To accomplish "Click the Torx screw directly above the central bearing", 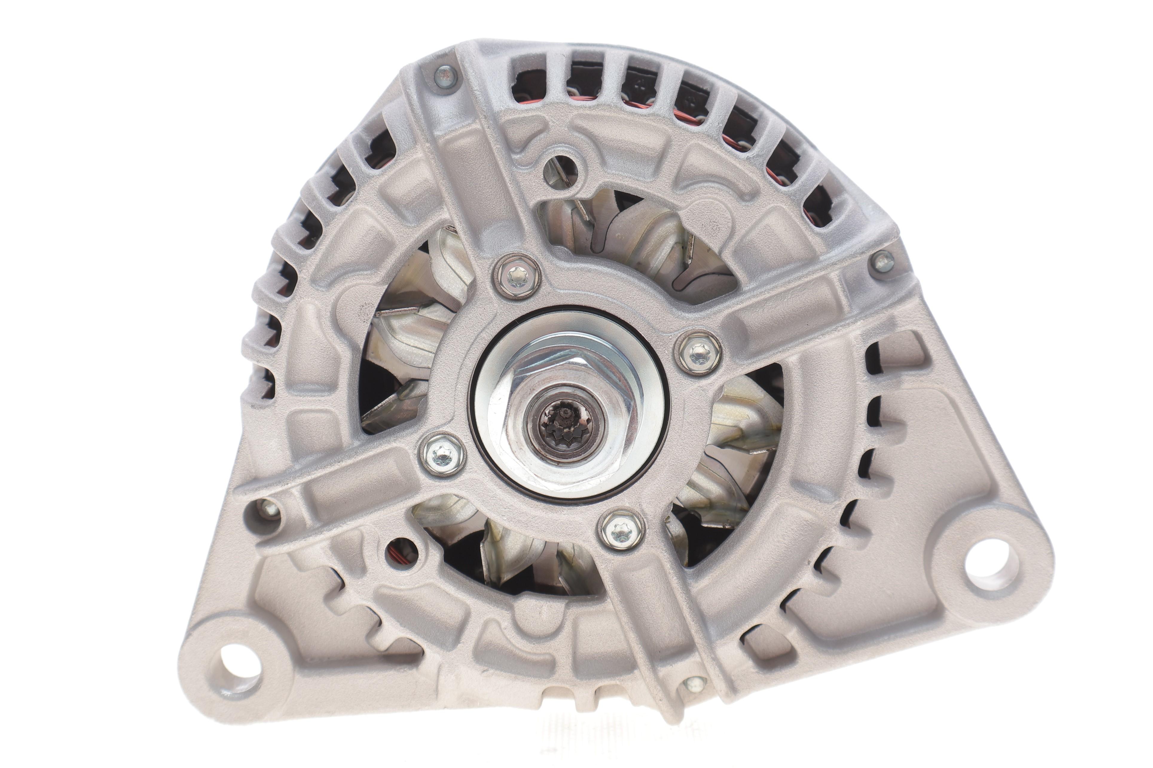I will [x=518, y=277].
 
